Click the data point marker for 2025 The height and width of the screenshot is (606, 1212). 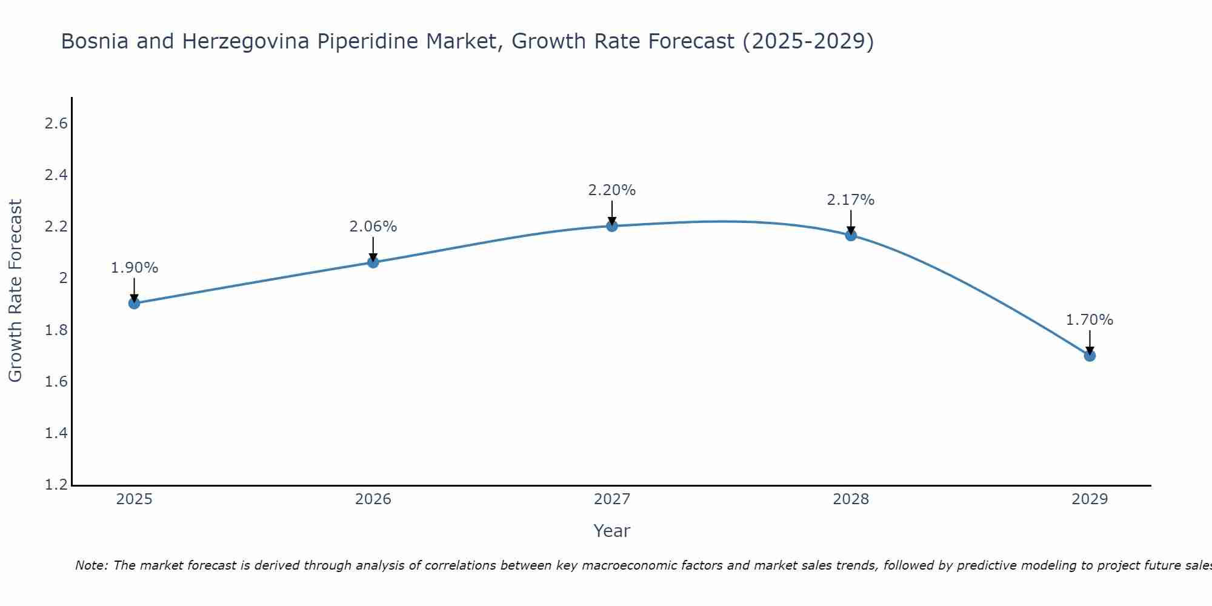coord(135,303)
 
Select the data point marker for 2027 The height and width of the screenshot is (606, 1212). coord(612,226)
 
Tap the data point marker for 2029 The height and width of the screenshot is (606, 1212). coord(1090,356)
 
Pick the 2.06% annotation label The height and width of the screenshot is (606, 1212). coord(373,227)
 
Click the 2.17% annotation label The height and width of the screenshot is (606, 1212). coord(850,200)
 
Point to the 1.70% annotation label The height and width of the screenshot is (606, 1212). coord(1089,320)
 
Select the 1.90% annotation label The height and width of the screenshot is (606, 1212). coord(135,268)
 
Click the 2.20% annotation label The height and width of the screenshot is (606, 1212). coord(611,190)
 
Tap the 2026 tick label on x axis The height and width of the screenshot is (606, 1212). coord(373,499)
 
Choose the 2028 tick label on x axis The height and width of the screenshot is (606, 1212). coord(850,499)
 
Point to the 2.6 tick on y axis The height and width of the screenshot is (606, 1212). coord(56,124)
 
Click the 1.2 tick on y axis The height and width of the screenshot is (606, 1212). coord(56,485)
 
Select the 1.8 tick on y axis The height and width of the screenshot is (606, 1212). coord(56,330)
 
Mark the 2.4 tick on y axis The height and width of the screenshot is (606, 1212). coord(56,175)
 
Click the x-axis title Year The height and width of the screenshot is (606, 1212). coord(611,531)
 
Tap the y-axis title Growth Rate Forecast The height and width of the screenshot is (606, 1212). coord(16,291)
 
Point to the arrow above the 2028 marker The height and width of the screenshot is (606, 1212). coord(851,222)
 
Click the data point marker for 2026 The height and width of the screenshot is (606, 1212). coord(373,262)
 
